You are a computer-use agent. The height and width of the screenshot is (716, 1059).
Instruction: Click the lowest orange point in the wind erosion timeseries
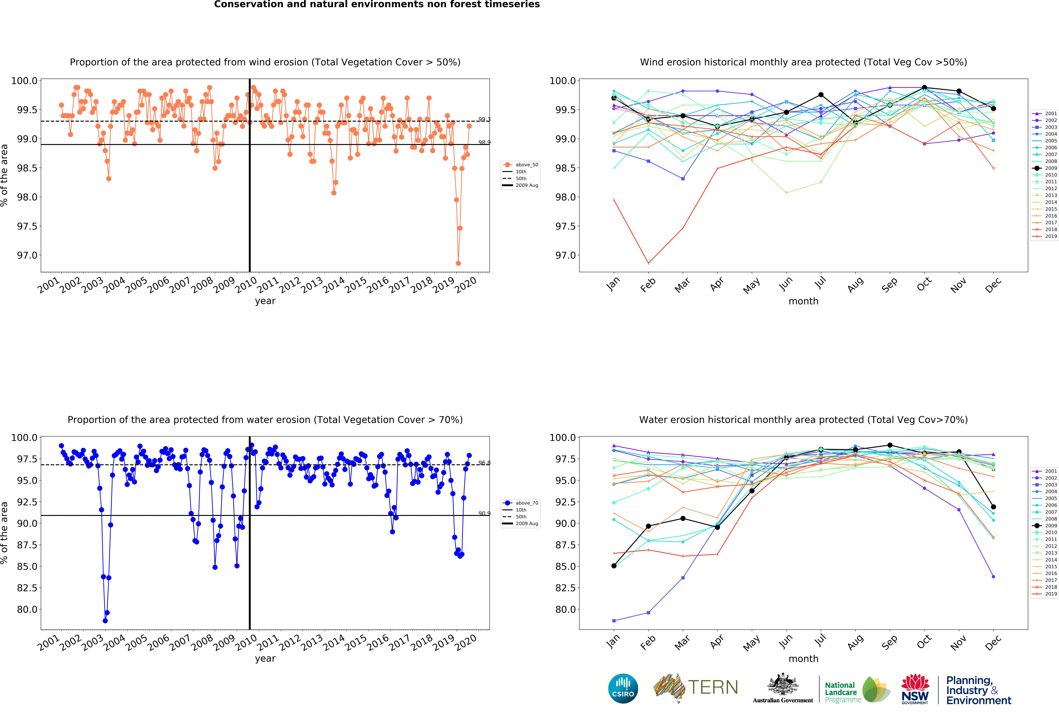458,263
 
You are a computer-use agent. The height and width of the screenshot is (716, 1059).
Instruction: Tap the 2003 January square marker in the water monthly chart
614,621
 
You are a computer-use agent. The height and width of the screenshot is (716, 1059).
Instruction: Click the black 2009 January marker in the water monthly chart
614,566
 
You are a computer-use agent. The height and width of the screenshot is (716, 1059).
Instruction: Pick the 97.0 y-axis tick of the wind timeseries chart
27,255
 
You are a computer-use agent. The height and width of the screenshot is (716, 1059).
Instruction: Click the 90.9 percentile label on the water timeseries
484,514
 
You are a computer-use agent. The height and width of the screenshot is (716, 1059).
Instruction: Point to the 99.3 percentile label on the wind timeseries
484,120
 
